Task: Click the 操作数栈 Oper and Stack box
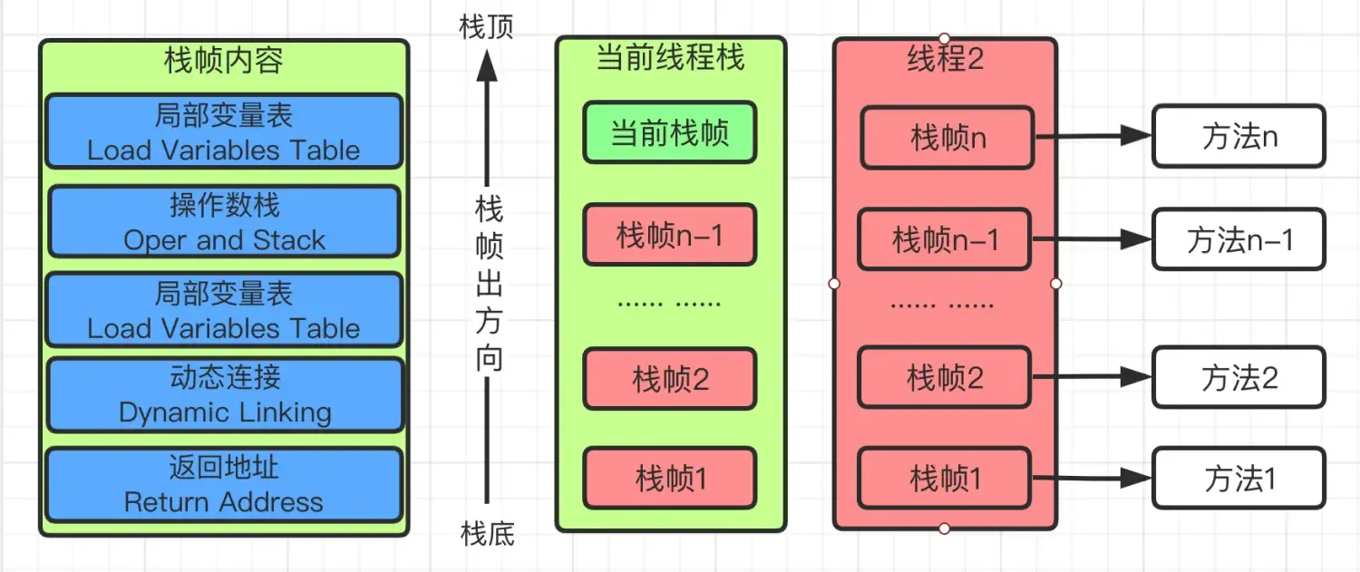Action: (223, 222)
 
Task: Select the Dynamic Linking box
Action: (224, 395)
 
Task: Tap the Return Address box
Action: (223, 485)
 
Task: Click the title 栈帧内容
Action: (223, 61)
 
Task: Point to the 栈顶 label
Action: (487, 26)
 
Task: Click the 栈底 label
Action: (487, 534)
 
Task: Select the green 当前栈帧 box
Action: (669, 134)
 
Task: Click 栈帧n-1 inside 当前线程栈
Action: (669, 235)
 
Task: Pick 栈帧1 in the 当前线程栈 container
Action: (669, 478)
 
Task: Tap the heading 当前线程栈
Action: (670, 58)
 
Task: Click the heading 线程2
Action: (945, 59)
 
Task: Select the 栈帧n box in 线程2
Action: (947, 138)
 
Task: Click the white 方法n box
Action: (1239, 137)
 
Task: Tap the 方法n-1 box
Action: (1239, 239)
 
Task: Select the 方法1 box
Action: (1239, 478)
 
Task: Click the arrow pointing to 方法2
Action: (1092, 376)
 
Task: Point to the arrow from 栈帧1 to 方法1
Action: (1092, 477)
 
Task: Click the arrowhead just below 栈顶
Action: (487, 65)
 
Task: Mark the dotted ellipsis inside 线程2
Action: (942, 305)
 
